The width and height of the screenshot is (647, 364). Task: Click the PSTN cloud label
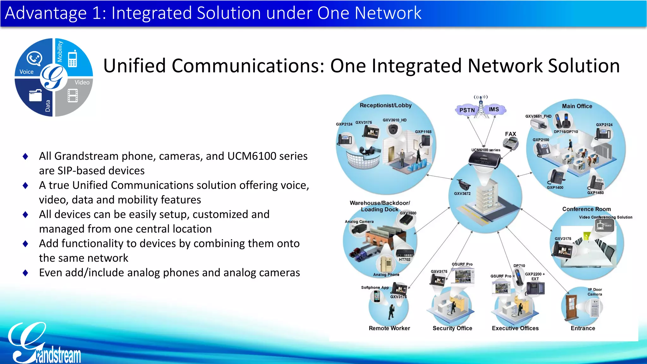(x=467, y=110)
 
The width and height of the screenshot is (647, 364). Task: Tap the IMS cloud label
(x=494, y=109)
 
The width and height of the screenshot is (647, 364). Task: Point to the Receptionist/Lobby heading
(x=385, y=105)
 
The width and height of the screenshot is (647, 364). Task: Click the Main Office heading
(x=577, y=106)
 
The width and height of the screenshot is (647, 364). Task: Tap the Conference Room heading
(x=586, y=209)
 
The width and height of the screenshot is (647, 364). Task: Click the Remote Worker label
(x=389, y=328)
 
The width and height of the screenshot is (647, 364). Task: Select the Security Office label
(x=452, y=328)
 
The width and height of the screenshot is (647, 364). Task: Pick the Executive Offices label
(x=515, y=328)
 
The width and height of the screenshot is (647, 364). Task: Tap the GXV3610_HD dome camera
(x=393, y=129)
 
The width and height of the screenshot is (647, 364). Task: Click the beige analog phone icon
(x=386, y=263)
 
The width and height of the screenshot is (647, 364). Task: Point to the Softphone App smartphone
(x=377, y=296)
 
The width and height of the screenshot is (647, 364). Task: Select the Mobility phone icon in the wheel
(x=73, y=58)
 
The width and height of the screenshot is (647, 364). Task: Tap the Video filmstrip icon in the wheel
(x=73, y=96)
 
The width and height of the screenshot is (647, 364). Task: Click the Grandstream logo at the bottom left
(x=44, y=344)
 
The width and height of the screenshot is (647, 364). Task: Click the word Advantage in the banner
(x=46, y=13)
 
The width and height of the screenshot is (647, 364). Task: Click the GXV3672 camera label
(x=462, y=194)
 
